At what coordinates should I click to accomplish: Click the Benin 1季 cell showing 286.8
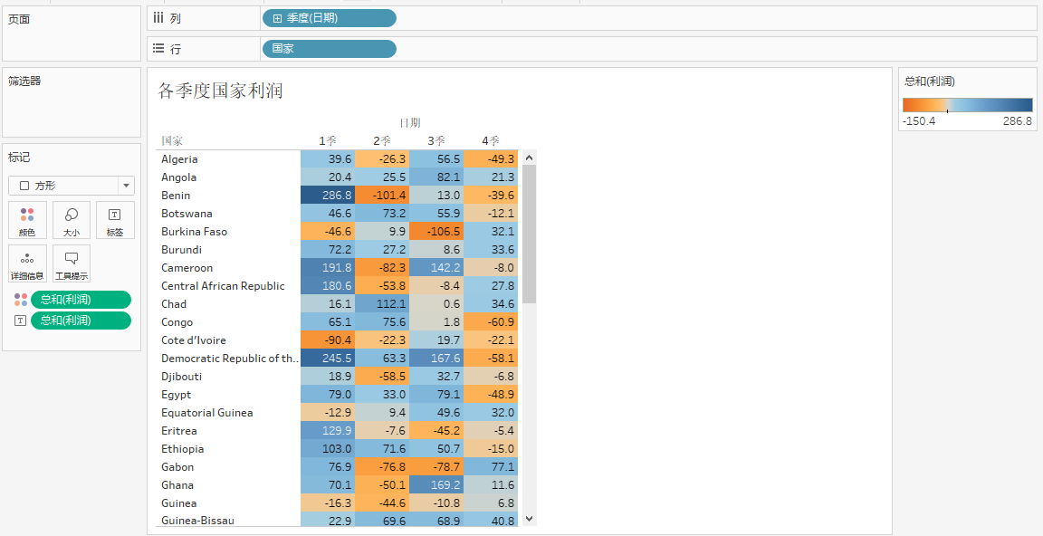(x=328, y=196)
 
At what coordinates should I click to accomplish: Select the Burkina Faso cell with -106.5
(x=436, y=232)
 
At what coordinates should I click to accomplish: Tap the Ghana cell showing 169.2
(x=436, y=485)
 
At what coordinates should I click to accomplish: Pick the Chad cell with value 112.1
(x=382, y=304)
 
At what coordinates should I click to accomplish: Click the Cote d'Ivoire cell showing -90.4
(x=328, y=340)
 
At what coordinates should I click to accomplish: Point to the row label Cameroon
(x=187, y=268)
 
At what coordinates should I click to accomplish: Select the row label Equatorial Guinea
(x=207, y=413)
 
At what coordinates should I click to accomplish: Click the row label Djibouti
(x=182, y=377)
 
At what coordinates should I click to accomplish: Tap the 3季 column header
(x=436, y=141)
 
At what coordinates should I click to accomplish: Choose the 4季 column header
(x=491, y=141)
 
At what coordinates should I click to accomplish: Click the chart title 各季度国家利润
(x=221, y=91)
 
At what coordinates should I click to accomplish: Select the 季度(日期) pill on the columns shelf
(x=329, y=18)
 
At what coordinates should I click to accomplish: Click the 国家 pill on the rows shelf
(x=329, y=49)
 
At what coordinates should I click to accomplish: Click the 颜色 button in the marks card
(x=27, y=220)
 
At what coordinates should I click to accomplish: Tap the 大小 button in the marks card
(x=72, y=220)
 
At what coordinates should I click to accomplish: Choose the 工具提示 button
(x=72, y=263)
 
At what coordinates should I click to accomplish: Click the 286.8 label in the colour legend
(x=1017, y=121)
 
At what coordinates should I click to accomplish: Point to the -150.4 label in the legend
(x=920, y=121)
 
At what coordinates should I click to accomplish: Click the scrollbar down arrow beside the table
(x=530, y=519)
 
